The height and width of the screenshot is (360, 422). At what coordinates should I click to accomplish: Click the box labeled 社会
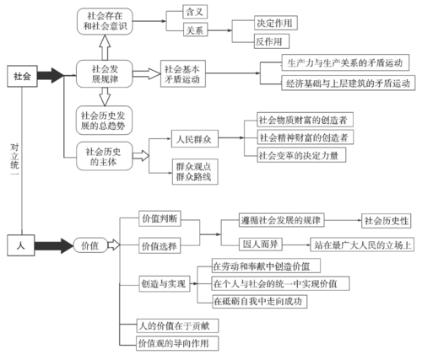click(21, 75)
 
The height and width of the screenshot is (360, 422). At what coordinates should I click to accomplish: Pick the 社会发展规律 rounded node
click(103, 73)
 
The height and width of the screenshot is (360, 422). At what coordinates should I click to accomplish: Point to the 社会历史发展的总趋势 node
click(104, 120)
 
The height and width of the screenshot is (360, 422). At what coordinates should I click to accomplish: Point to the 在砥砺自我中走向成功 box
click(257, 300)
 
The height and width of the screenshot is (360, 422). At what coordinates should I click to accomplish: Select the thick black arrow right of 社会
click(51, 75)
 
